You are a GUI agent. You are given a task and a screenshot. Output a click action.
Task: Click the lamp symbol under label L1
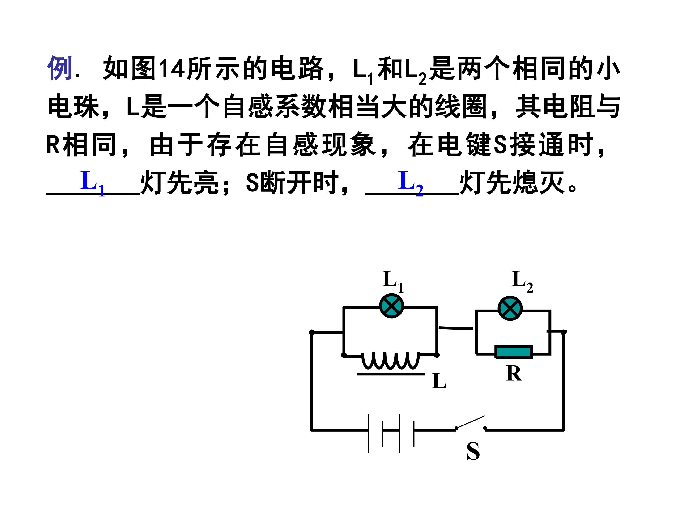pos(391,306)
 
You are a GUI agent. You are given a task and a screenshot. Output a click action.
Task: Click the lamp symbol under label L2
pos(510,308)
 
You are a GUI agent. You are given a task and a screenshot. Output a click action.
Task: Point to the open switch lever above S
pos(471,422)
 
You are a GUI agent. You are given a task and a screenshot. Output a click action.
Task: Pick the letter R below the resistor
pos(514,374)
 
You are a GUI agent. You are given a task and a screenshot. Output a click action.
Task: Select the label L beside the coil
pos(439,381)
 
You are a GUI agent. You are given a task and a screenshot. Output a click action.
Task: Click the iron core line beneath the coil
pos(391,374)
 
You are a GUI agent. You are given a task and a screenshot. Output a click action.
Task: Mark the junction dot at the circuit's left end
pos(311,332)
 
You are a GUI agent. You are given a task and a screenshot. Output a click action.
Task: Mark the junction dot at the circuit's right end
pos(564,332)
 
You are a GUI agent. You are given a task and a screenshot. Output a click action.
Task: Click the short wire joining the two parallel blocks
pos(456,328)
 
